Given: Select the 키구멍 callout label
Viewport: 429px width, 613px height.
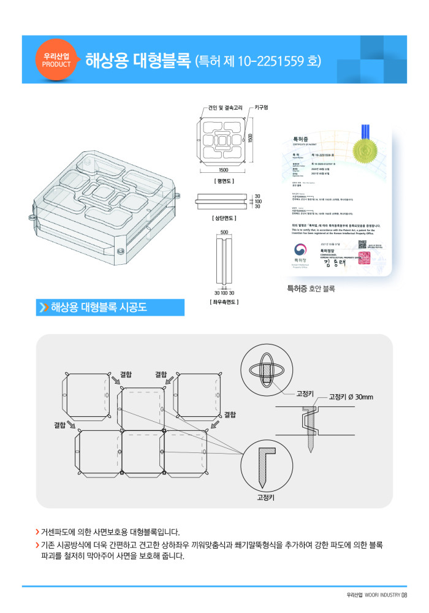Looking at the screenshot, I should (262, 108).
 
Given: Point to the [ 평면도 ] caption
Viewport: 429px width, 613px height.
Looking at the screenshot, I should (223, 181).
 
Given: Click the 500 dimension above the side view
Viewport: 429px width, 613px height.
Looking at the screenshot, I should (224, 232).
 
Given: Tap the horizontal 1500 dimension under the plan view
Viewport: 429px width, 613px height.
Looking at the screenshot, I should (223, 170).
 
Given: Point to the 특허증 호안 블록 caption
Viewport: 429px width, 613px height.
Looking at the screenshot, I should (311, 287).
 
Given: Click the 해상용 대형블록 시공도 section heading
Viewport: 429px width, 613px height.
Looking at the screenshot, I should (99, 308).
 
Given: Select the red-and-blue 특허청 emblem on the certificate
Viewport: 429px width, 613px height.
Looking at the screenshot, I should (300, 250).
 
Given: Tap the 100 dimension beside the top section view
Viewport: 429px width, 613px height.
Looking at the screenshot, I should (258, 201).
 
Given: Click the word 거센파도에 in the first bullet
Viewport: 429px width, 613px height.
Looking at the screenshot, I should (60, 531).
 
